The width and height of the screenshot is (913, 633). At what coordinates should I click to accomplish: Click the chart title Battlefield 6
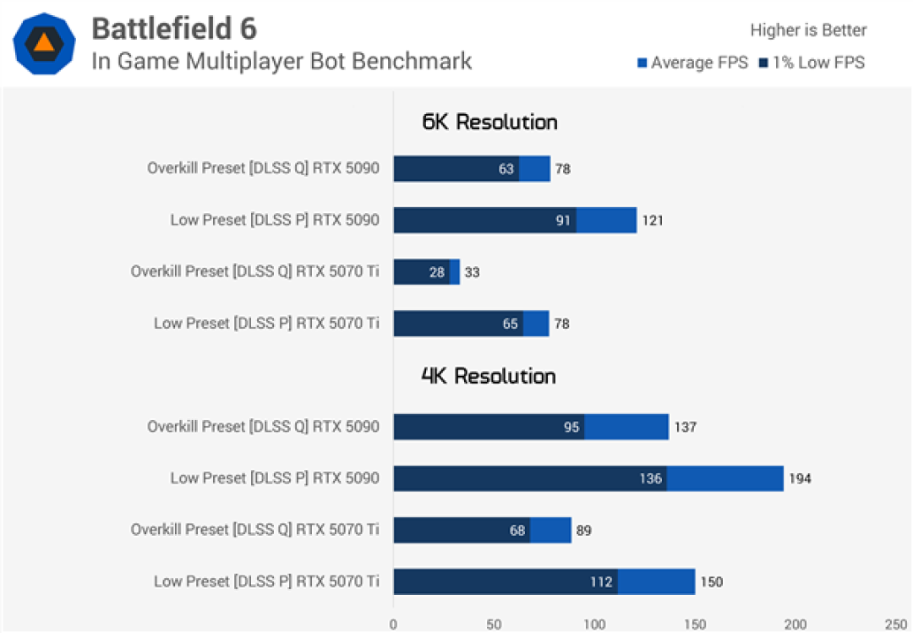pyautogui.click(x=174, y=28)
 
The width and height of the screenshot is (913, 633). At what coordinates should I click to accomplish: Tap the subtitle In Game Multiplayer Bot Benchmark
pyautogui.click(x=282, y=61)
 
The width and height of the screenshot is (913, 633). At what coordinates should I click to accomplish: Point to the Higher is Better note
pyautogui.click(x=808, y=30)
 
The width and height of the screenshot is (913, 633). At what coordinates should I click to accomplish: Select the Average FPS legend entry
pyautogui.click(x=692, y=63)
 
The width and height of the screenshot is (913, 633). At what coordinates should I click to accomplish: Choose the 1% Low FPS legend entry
pyautogui.click(x=812, y=63)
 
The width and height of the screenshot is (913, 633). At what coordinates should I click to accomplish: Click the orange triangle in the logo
pyautogui.click(x=44, y=43)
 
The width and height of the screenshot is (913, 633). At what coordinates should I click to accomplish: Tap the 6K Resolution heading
pyautogui.click(x=489, y=122)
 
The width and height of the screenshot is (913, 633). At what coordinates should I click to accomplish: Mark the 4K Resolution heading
pyautogui.click(x=489, y=376)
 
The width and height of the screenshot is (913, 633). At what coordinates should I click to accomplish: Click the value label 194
pyautogui.click(x=800, y=478)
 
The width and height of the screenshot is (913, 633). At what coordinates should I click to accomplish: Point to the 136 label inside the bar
pyautogui.click(x=650, y=478)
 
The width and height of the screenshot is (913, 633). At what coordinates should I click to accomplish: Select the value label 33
pyautogui.click(x=473, y=272)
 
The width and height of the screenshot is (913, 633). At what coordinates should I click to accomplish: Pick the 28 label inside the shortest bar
pyautogui.click(x=437, y=272)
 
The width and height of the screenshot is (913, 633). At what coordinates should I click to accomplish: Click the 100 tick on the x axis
pyautogui.click(x=594, y=625)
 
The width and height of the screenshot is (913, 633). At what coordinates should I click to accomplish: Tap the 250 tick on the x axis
pyautogui.click(x=896, y=625)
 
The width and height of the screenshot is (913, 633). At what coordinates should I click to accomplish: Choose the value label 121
pyautogui.click(x=653, y=220)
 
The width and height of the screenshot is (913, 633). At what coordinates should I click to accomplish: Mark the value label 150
pyautogui.click(x=712, y=581)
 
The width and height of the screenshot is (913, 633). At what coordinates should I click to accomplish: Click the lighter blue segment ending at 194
pyautogui.click(x=725, y=478)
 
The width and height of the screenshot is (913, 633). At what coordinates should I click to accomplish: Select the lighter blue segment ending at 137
pyautogui.click(x=626, y=427)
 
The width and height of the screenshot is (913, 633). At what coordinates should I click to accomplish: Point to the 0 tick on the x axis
pyautogui.click(x=394, y=625)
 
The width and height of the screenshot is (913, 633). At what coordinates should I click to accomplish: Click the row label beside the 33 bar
pyautogui.click(x=255, y=271)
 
